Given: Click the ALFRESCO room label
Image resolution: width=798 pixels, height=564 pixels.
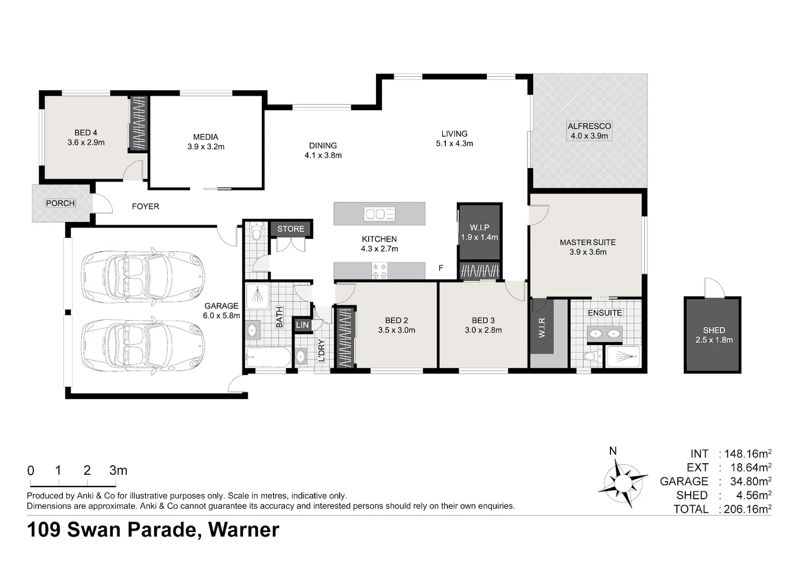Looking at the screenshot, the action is pos(589,126).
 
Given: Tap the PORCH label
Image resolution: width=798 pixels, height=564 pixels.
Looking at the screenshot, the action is pos(60,203).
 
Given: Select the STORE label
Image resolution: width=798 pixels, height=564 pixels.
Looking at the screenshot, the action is pos(291,229).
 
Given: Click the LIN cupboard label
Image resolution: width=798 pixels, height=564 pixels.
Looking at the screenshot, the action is pos(302,325).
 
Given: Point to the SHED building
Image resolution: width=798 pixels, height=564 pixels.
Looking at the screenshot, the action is pos(712,335).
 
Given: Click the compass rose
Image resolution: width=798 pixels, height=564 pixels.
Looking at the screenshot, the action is pos(623,483).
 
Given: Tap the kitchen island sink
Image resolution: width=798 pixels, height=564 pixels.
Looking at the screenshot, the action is pos(379,214).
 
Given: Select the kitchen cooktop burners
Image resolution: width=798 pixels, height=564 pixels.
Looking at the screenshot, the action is pos(379,271).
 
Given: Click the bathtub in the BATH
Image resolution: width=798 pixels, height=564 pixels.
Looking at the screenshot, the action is pos(268,357).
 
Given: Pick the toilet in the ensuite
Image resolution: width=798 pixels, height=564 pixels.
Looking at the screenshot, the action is pos(593,356).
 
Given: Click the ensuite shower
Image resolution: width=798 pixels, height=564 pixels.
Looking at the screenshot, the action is pos(624,356).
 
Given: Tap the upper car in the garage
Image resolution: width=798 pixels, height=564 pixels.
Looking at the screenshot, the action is pos(143,276).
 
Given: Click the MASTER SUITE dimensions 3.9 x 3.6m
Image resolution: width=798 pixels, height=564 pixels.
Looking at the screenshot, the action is pos(588,252).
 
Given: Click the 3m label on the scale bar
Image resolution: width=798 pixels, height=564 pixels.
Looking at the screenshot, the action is pos(118,471).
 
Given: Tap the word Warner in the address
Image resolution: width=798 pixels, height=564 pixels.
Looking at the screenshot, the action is pos(244,530).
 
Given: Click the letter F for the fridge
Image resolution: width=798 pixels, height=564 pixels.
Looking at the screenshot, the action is pos(441,268).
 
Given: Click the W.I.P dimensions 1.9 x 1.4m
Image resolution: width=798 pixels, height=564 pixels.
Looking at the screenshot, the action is pos(479,237).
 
